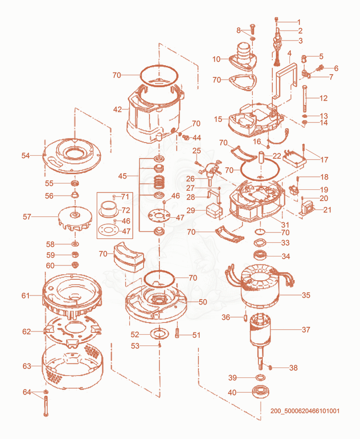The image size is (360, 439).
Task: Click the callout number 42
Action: (x=117, y=109)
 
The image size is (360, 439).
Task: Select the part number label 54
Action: (x=26, y=155)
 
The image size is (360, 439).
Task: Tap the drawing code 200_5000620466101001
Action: (x=305, y=411)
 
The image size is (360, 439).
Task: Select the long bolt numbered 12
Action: (x=305, y=98)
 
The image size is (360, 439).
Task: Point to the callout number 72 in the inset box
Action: (x=126, y=210)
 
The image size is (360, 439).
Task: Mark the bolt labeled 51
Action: (x=177, y=333)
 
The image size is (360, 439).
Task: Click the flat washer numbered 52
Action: (x=159, y=333)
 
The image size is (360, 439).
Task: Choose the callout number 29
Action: (x=190, y=210)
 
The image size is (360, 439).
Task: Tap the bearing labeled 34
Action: (x=260, y=255)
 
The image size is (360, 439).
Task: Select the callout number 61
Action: (x=26, y=296)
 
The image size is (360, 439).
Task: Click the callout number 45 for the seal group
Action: (x=122, y=176)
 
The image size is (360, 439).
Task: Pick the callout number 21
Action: (x=327, y=210)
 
